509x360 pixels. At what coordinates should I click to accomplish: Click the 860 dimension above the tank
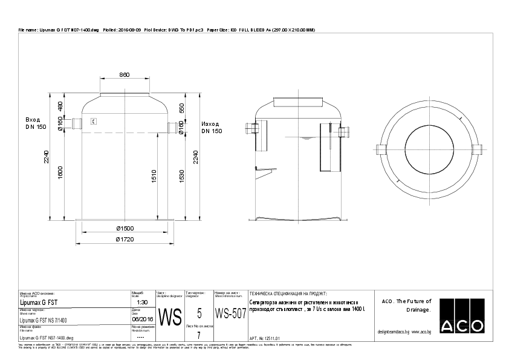124,75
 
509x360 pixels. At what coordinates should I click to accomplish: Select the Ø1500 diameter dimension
125,228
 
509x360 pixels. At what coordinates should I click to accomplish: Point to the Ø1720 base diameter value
125,239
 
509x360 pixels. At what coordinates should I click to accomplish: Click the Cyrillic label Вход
33,120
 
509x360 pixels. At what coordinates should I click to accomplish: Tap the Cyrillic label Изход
211,123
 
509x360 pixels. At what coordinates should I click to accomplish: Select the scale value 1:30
143,301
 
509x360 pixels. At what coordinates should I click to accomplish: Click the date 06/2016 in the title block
143,319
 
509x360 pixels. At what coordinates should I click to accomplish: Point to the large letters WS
169,316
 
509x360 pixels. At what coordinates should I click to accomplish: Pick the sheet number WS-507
230,314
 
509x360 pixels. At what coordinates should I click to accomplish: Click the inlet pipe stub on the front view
77,124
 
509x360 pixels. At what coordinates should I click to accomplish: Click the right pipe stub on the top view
478,149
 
